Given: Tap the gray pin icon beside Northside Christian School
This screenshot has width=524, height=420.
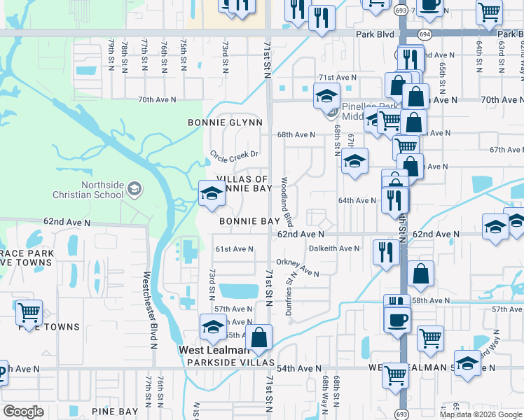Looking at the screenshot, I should [x=135, y=189].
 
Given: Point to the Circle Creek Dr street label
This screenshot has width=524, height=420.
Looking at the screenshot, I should [x=235, y=154].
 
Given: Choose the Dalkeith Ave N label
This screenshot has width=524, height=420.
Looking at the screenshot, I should [x=333, y=248].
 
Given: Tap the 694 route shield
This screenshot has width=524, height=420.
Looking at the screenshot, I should [x=425, y=33].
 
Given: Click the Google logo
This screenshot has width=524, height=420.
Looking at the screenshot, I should [x=23, y=412].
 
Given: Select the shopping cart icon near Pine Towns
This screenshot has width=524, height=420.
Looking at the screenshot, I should [x=29, y=311].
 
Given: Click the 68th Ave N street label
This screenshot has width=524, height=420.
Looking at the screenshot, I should [x=296, y=134].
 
